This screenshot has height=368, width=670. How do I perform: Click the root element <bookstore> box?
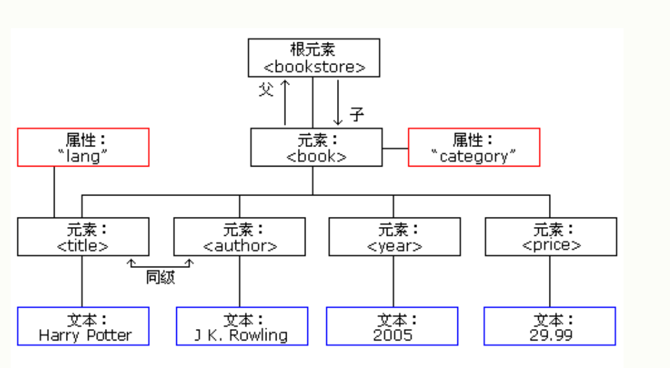coord(313,58)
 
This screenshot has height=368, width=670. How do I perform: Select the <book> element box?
coord(316,148)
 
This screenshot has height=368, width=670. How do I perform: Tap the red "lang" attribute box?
coord(83,148)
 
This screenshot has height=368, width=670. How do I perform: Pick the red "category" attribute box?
coord(474,148)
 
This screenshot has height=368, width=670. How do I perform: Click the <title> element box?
coord(83,236)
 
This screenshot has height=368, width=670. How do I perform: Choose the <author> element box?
coord(239,236)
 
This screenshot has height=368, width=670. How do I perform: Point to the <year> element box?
coord(394,236)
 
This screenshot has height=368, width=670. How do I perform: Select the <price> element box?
coord(550,236)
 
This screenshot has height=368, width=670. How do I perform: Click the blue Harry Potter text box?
coord(83,326)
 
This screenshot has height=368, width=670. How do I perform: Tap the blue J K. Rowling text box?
coord(242,326)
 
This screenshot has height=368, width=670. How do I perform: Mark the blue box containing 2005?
coord(392,326)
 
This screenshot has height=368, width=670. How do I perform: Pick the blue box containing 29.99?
coord(550,326)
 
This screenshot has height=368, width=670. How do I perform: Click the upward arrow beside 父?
coord(285,101)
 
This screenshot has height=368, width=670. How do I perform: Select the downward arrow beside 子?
coord(338,101)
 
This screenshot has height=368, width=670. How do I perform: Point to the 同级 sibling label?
coord(161,277)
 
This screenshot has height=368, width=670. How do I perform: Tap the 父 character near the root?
coord(266,89)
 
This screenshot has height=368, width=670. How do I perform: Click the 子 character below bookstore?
coord(357,114)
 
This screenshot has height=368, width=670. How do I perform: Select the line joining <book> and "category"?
coord(395,148)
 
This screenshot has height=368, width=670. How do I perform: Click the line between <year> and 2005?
coord(394,281)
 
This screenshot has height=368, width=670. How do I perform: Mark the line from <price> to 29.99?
coord(550,281)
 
